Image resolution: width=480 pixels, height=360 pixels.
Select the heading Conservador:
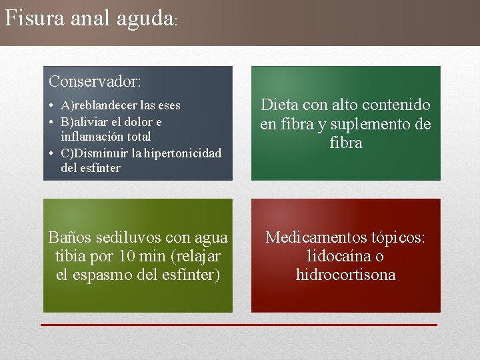click(95, 82)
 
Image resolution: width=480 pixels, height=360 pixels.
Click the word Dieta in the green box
click(279, 105)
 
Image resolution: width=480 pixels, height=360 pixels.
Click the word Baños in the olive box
click(69, 237)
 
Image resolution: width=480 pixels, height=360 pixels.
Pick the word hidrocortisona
click(345, 275)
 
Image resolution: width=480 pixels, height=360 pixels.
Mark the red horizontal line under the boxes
click(239, 325)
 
